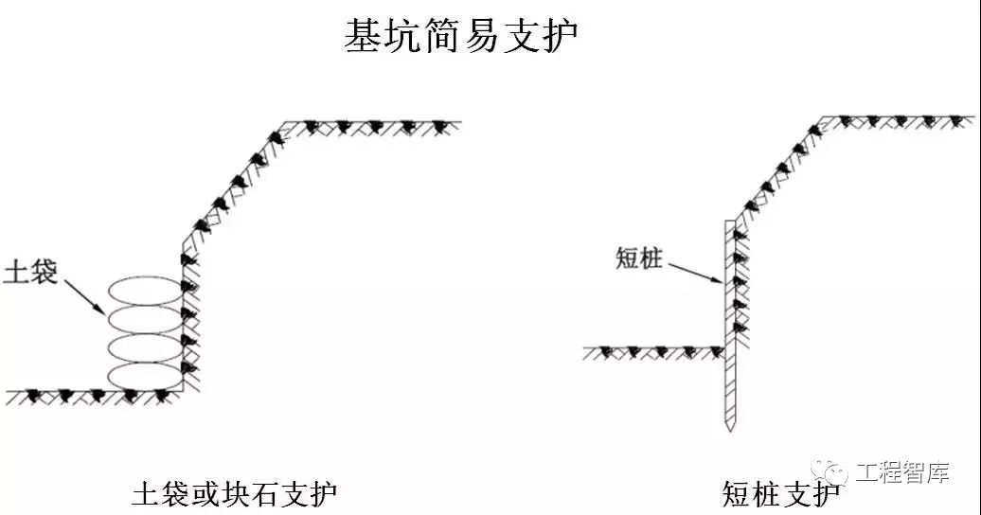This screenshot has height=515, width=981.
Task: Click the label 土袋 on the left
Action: (31, 273)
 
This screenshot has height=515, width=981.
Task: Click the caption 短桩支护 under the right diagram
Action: (779, 494)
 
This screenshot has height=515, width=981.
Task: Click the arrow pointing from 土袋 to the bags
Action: (82, 294)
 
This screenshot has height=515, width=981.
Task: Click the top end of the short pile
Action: (728, 223)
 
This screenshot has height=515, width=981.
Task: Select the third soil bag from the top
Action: (144, 346)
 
